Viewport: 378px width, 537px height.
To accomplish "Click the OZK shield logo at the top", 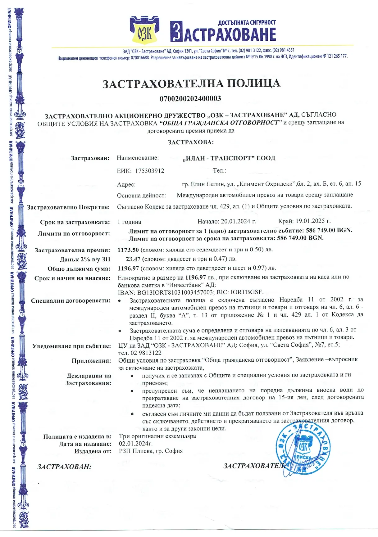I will click(x=145, y=31).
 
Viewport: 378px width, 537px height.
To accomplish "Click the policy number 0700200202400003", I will click(x=190, y=99).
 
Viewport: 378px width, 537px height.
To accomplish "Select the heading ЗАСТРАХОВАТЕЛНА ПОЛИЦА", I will click(x=191, y=83).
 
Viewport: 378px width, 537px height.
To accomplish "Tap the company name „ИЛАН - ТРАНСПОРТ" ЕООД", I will click(x=229, y=158).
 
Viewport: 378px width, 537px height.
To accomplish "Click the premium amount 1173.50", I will click(x=128, y=250).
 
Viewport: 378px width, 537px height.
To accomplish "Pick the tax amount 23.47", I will click(x=133, y=259).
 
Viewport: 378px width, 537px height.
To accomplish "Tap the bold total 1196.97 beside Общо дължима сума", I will click(x=128, y=268).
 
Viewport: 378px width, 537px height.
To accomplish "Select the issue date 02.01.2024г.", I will click(x=136, y=444).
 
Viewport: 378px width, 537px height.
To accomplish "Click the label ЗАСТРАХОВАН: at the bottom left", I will click(x=64, y=467).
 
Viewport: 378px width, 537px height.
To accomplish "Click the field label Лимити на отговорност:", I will click(x=74, y=234).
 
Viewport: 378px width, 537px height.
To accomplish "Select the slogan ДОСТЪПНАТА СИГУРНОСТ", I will click(x=247, y=23).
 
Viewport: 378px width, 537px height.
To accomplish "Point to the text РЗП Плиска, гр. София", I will click(x=151, y=451).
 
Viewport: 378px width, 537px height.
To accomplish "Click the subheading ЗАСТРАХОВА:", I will click(x=191, y=142).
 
